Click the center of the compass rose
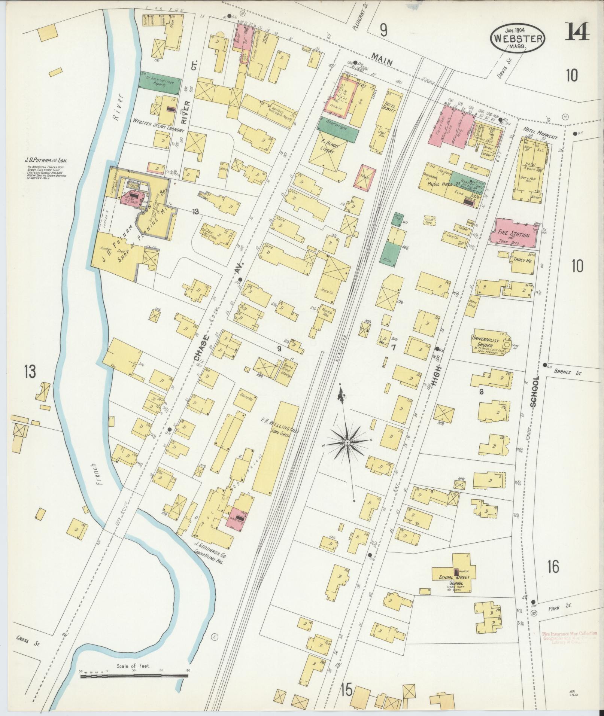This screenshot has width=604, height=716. [x=347, y=442]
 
